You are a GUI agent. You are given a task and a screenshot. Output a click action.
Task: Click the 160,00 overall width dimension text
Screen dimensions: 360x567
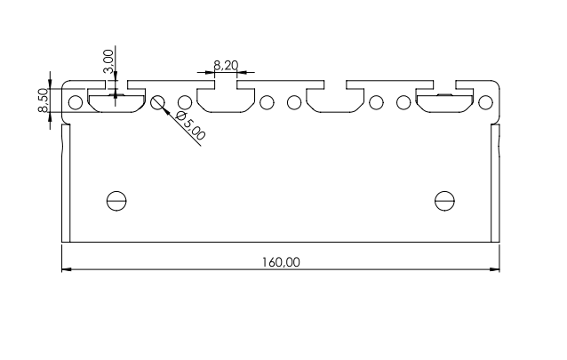click(x=281, y=262)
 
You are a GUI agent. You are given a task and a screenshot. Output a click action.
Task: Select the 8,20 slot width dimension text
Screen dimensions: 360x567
click(x=225, y=65)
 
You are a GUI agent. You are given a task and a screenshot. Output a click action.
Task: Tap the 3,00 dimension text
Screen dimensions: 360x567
click(x=108, y=61)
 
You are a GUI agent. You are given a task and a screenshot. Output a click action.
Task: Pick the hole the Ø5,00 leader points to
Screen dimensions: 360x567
click(x=158, y=101)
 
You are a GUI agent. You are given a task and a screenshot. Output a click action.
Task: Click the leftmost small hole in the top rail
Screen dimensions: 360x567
click(x=76, y=101)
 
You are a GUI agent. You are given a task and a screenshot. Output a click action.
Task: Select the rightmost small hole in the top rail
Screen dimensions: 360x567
click(x=484, y=101)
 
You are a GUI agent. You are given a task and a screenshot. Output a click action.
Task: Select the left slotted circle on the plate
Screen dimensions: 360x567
click(x=116, y=200)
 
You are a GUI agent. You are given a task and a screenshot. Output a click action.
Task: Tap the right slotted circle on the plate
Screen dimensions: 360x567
click(x=444, y=200)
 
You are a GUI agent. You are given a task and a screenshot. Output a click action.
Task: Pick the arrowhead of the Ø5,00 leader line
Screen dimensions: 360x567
click(x=165, y=108)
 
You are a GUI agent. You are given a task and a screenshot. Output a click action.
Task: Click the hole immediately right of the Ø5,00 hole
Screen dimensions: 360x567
click(x=185, y=101)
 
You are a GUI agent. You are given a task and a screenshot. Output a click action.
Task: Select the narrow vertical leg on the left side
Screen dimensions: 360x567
click(x=65, y=182)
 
